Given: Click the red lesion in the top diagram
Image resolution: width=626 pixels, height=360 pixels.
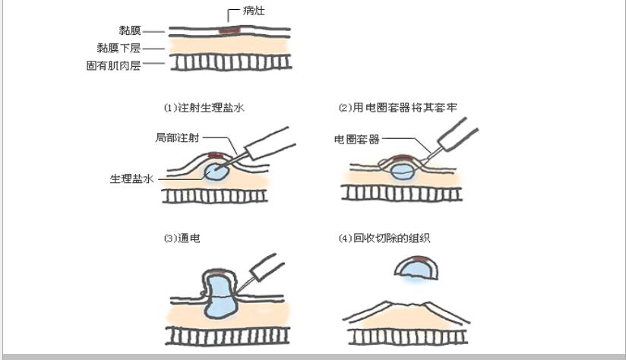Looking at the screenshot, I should (x=227, y=31).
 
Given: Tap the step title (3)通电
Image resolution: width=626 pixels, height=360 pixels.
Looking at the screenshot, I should (x=182, y=238).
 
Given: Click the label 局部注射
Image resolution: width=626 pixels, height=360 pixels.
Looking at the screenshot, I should (x=177, y=137).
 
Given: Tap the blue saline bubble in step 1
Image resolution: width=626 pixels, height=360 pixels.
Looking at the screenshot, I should (x=218, y=172).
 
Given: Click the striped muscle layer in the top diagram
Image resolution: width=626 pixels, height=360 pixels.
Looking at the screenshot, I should (x=229, y=63).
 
